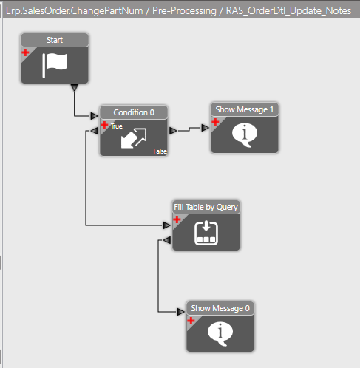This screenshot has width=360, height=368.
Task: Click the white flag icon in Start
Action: (55, 66)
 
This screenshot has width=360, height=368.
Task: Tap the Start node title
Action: (55, 40)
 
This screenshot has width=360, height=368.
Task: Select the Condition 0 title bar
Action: (134, 112)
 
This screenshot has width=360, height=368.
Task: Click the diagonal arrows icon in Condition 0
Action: (134, 138)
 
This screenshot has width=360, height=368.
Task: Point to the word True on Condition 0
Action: (117, 126)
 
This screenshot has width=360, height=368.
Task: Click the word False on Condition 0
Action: (160, 151)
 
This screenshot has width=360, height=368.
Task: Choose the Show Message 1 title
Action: (245, 109)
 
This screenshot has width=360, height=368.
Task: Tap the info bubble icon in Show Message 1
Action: (245, 135)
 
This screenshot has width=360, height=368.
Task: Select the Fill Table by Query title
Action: (206, 207)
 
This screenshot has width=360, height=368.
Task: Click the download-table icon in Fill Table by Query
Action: (206, 233)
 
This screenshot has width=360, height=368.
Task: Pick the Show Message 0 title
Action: (220, 308)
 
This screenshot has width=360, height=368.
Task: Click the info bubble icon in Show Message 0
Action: (220, 334)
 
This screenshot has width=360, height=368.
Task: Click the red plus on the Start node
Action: (25, 52)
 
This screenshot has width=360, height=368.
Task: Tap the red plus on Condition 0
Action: (104, 125)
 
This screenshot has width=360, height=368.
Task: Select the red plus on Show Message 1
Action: (215, 122)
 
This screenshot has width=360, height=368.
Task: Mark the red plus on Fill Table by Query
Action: (177, 219)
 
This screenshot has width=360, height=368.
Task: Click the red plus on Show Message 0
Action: (191, 321)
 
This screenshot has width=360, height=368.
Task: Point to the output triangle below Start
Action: (75, 87)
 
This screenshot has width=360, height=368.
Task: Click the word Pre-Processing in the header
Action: (184, 11)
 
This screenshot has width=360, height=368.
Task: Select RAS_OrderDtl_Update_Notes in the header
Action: (288, 11)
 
